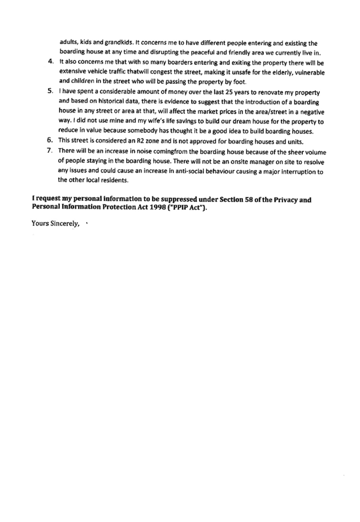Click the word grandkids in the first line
click(x=119, y=42)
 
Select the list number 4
click(x=51, y=62)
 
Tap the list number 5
click(x=50, y=90)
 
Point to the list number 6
click(x=50, y=140)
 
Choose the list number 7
click(x=50, y=151)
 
